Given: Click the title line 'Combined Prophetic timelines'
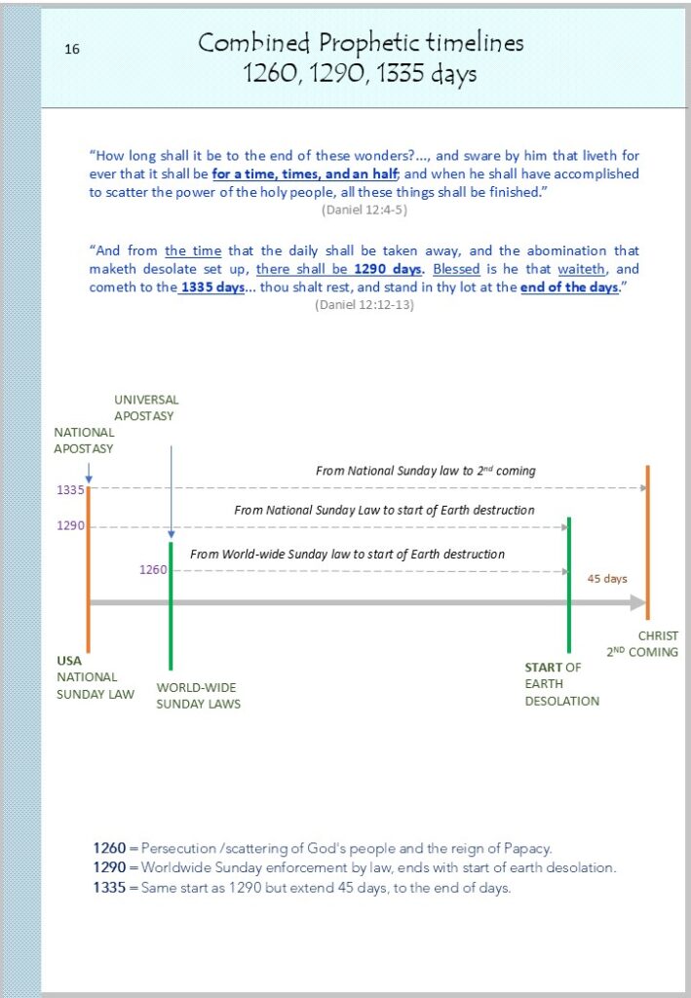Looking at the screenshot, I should [361, 43].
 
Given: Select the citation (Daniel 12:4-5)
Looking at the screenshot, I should [364, 209].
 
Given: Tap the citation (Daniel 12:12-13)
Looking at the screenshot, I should [364, 304].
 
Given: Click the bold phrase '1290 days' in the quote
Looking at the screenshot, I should [388, 268].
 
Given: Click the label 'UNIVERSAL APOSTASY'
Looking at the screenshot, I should [146, 407].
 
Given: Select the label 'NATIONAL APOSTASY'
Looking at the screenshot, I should [84, 441].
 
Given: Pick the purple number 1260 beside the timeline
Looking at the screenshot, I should [153, 570].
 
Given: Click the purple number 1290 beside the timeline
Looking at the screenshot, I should [70, 526].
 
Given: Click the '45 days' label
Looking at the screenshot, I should [606, 578].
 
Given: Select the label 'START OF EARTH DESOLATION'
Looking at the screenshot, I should [561, 684].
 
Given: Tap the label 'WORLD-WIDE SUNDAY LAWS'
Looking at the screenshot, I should [198, 695].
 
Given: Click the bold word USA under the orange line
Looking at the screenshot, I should [69, 660].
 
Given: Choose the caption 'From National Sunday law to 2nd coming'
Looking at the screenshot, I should [426, 471].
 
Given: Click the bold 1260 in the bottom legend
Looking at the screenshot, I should [109, 848].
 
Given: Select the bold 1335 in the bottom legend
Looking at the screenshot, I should [109, 887].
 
